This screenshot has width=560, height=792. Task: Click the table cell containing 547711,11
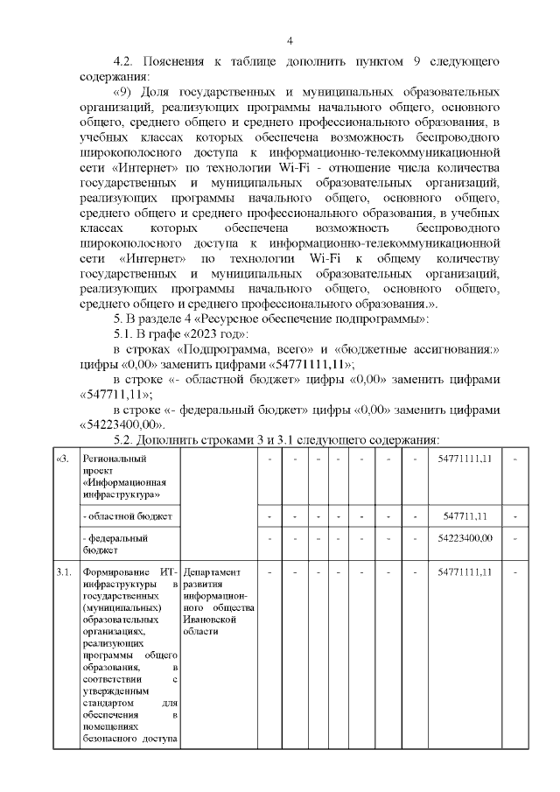(465, 516)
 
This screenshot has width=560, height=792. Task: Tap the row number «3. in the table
(62, 459)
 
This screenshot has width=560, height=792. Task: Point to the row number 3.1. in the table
(63, 571)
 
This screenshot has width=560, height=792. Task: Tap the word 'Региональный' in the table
(114, 459)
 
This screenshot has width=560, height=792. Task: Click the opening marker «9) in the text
(127, 92)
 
